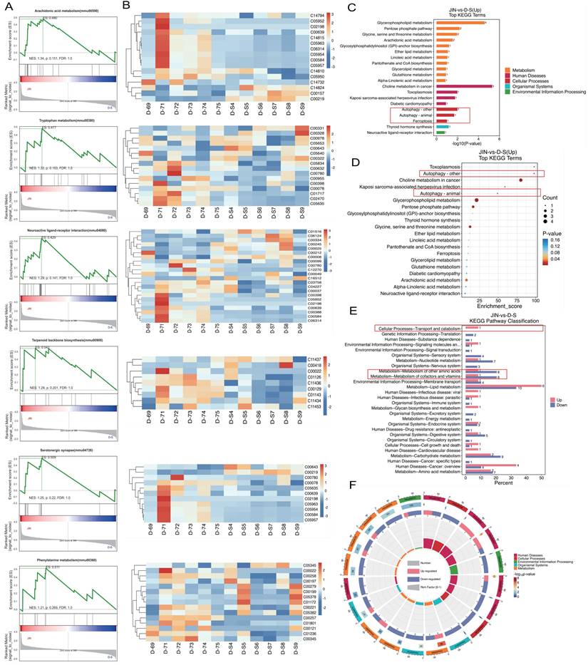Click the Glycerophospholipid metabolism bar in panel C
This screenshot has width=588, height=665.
point(460,22)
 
